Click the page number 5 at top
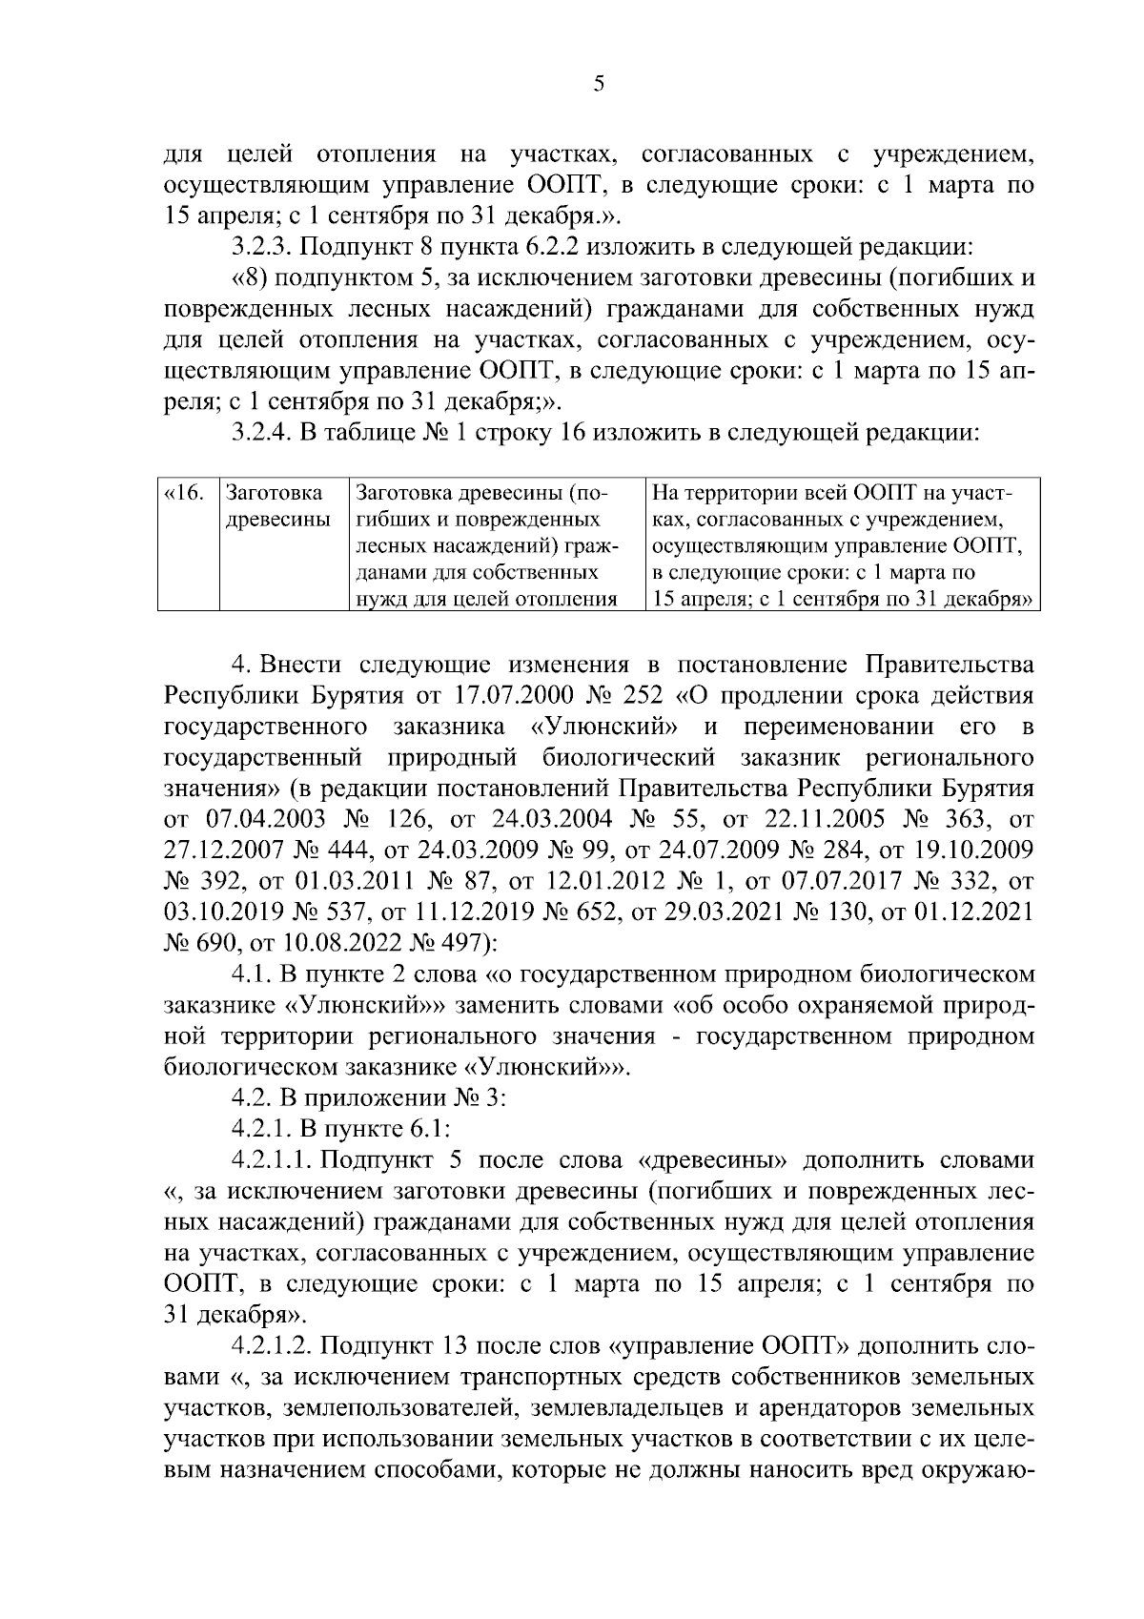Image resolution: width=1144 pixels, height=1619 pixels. (598, 85)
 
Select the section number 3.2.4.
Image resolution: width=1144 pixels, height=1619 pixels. (260, 433)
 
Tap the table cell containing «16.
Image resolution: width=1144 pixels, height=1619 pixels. (184, 494)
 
